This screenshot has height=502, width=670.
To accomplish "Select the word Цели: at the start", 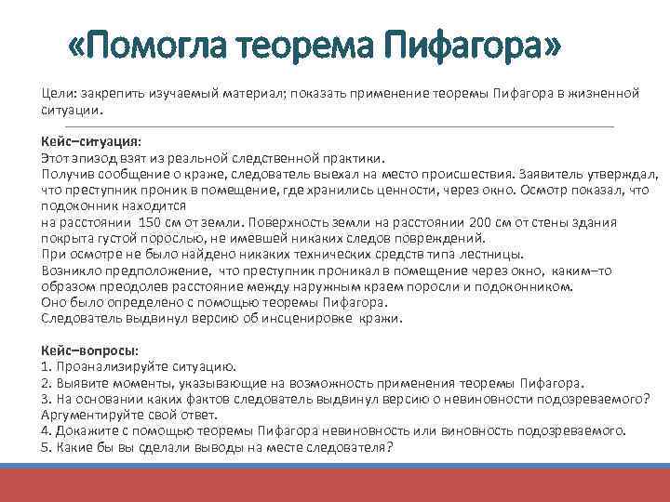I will click(x=59, y=95).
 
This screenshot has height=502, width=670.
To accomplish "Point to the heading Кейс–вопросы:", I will click(x=89, y=350).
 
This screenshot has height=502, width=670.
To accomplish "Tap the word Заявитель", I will click(x=567, y=174).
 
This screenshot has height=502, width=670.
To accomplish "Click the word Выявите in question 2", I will click(x=83, y=382).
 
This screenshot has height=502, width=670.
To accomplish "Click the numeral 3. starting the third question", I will click(x=47, y=399).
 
